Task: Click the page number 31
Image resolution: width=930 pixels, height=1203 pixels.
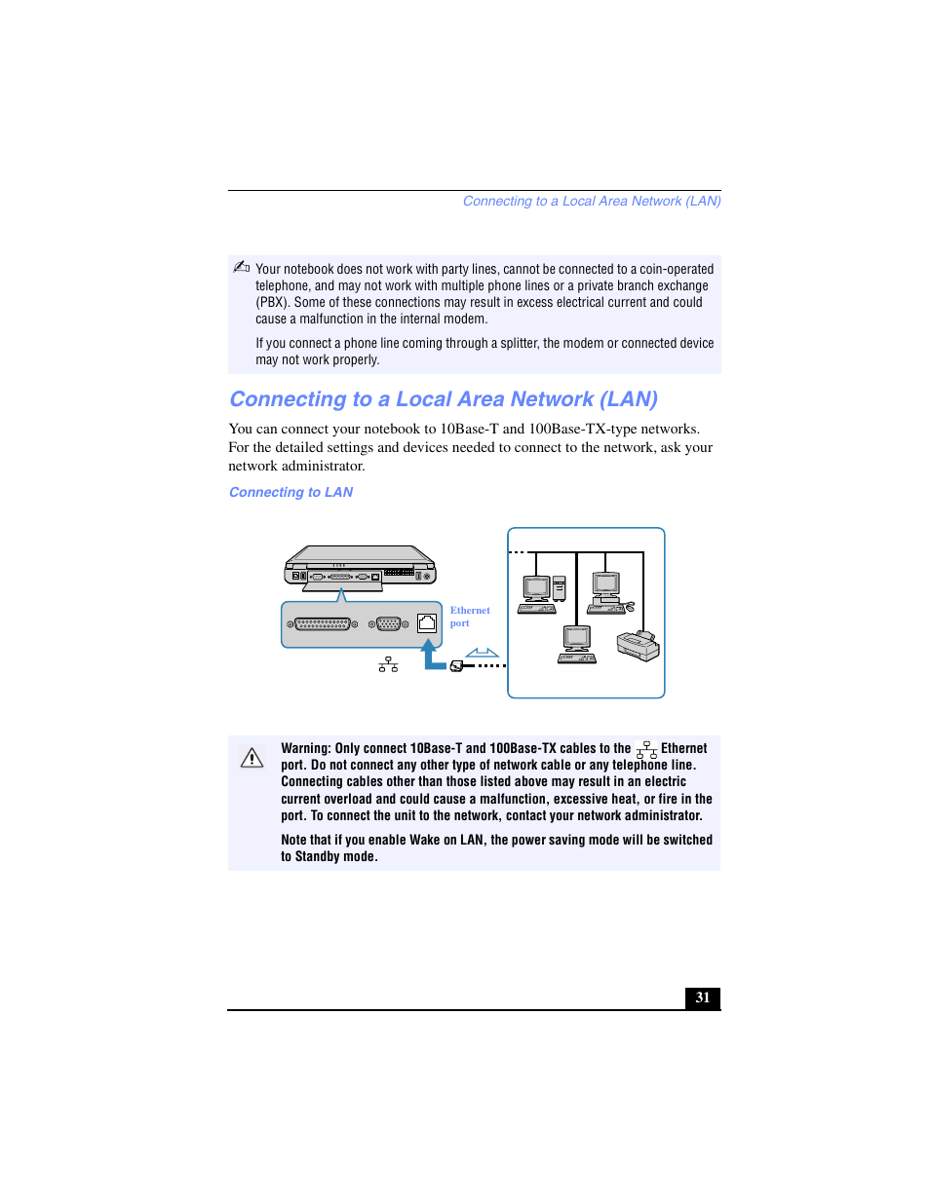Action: (x=702, y=997)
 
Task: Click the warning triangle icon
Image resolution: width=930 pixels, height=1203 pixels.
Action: (x=252, y=758)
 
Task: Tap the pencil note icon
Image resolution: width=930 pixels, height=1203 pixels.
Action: (x=241, y=267)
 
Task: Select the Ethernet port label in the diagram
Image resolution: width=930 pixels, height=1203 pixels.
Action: (x=469, y=617)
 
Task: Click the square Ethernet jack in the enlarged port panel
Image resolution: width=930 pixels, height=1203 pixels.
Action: (x=427, y=623)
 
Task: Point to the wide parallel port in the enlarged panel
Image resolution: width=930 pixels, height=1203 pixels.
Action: (x=322, y=624)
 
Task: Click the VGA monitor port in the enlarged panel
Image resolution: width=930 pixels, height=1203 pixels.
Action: (x=388, y=624)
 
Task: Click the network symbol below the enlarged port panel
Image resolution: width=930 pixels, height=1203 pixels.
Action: (x=388, y=664)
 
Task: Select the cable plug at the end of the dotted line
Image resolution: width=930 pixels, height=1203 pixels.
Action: (x=456, y=665)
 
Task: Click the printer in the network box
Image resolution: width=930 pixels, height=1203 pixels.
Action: (x=638, y=646)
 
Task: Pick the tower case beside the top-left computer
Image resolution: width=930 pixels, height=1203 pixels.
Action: (x=560, y=588)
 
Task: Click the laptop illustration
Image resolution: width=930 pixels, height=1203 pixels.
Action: (x=360, y=566)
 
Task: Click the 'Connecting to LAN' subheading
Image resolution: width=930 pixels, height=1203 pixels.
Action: (x=291, y=492)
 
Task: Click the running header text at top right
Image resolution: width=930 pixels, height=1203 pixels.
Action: (x=591, y=202)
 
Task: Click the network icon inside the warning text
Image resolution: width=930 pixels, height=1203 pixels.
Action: (x=646, y=749)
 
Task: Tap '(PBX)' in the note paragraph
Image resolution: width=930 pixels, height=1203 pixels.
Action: (x=272, y=302)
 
